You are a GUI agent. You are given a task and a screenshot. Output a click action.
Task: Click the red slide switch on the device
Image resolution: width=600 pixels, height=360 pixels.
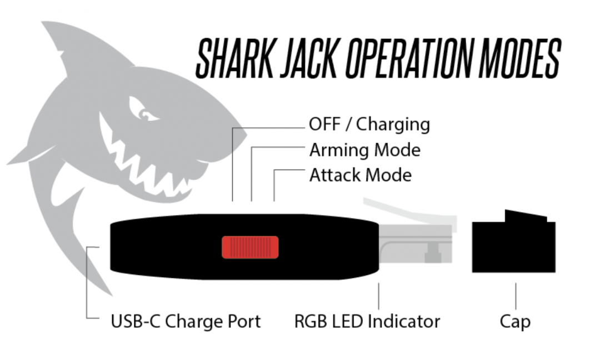tap(250, 247)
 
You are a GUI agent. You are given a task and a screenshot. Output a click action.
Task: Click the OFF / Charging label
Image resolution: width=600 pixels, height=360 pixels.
tap(369, 124)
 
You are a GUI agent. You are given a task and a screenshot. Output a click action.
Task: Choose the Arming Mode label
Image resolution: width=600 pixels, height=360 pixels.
tap(364, 150)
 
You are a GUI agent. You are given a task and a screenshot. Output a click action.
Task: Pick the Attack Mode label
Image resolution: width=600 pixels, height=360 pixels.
tap(360, 176)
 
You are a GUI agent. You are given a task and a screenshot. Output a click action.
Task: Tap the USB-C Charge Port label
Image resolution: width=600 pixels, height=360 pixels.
tap(186, 321)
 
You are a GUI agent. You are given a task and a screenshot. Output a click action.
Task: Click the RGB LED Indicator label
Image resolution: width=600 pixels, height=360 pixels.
tap(367, 321)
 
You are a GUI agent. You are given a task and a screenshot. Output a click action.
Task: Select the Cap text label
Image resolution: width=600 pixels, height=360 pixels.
tap(515, 321)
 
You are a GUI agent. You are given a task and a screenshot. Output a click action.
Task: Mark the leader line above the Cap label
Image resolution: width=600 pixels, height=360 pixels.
tap(516, 296)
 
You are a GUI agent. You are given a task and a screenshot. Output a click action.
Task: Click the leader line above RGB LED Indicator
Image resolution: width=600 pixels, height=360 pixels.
tap(379, 296)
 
